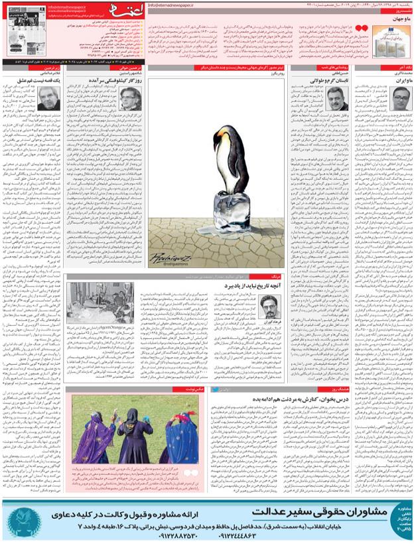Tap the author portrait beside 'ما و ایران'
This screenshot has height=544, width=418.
coord(399,98)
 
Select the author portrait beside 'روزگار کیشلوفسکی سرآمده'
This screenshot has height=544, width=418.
coord(131,98)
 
